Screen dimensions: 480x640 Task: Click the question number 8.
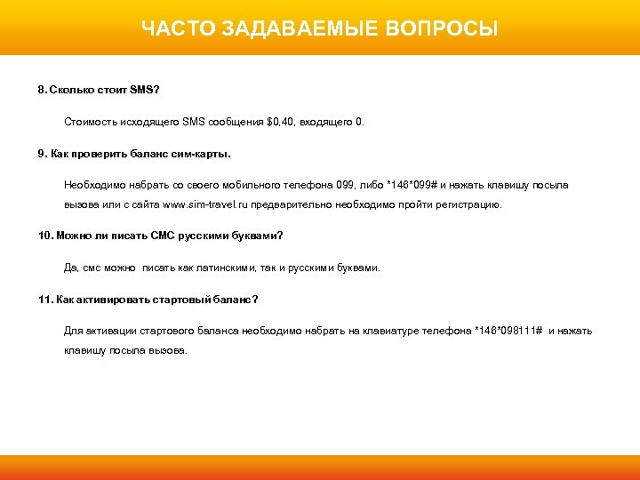click(x=41, y=91)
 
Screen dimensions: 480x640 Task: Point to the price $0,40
click(x=283, y=121)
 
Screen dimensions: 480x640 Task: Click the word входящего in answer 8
click(x=329, y=121)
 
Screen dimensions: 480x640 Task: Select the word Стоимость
click(x=91, y=121)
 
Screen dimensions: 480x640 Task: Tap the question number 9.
click(x=41, y=153)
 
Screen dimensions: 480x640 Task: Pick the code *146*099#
click(x=410, y=185)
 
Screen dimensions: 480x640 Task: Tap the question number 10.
click(x=45, y=236)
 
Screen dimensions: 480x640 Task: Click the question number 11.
click(x=45, y=299)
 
